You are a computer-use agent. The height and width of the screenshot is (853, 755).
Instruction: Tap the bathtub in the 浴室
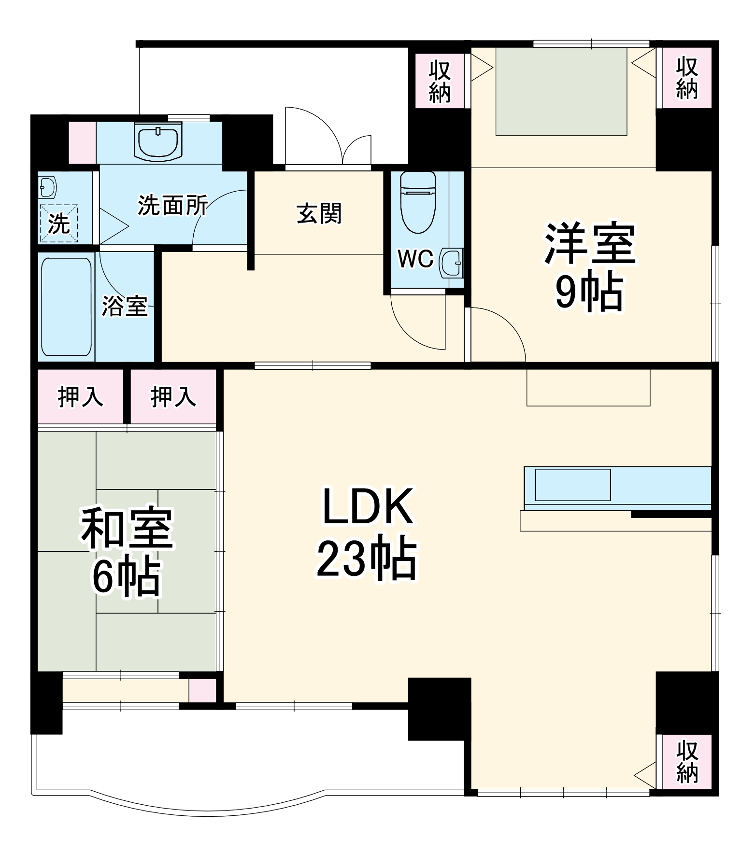(66, 307)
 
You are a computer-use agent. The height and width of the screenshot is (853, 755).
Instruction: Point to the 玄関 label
(319, 213)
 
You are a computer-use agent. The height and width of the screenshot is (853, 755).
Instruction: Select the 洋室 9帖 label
(589, 267)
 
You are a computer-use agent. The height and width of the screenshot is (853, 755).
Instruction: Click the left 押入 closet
(80, 396)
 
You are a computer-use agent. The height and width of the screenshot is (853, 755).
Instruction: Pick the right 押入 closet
(173, 396)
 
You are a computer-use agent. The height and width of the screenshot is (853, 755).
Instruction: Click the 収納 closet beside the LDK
(686, 762)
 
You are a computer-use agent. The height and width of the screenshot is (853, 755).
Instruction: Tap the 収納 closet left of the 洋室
(440, 81)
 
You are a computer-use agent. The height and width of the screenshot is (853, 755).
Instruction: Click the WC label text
(415, 259)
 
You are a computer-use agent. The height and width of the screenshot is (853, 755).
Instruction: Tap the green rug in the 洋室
(561, 92)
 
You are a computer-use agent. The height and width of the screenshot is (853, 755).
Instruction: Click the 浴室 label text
(125, 306)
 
